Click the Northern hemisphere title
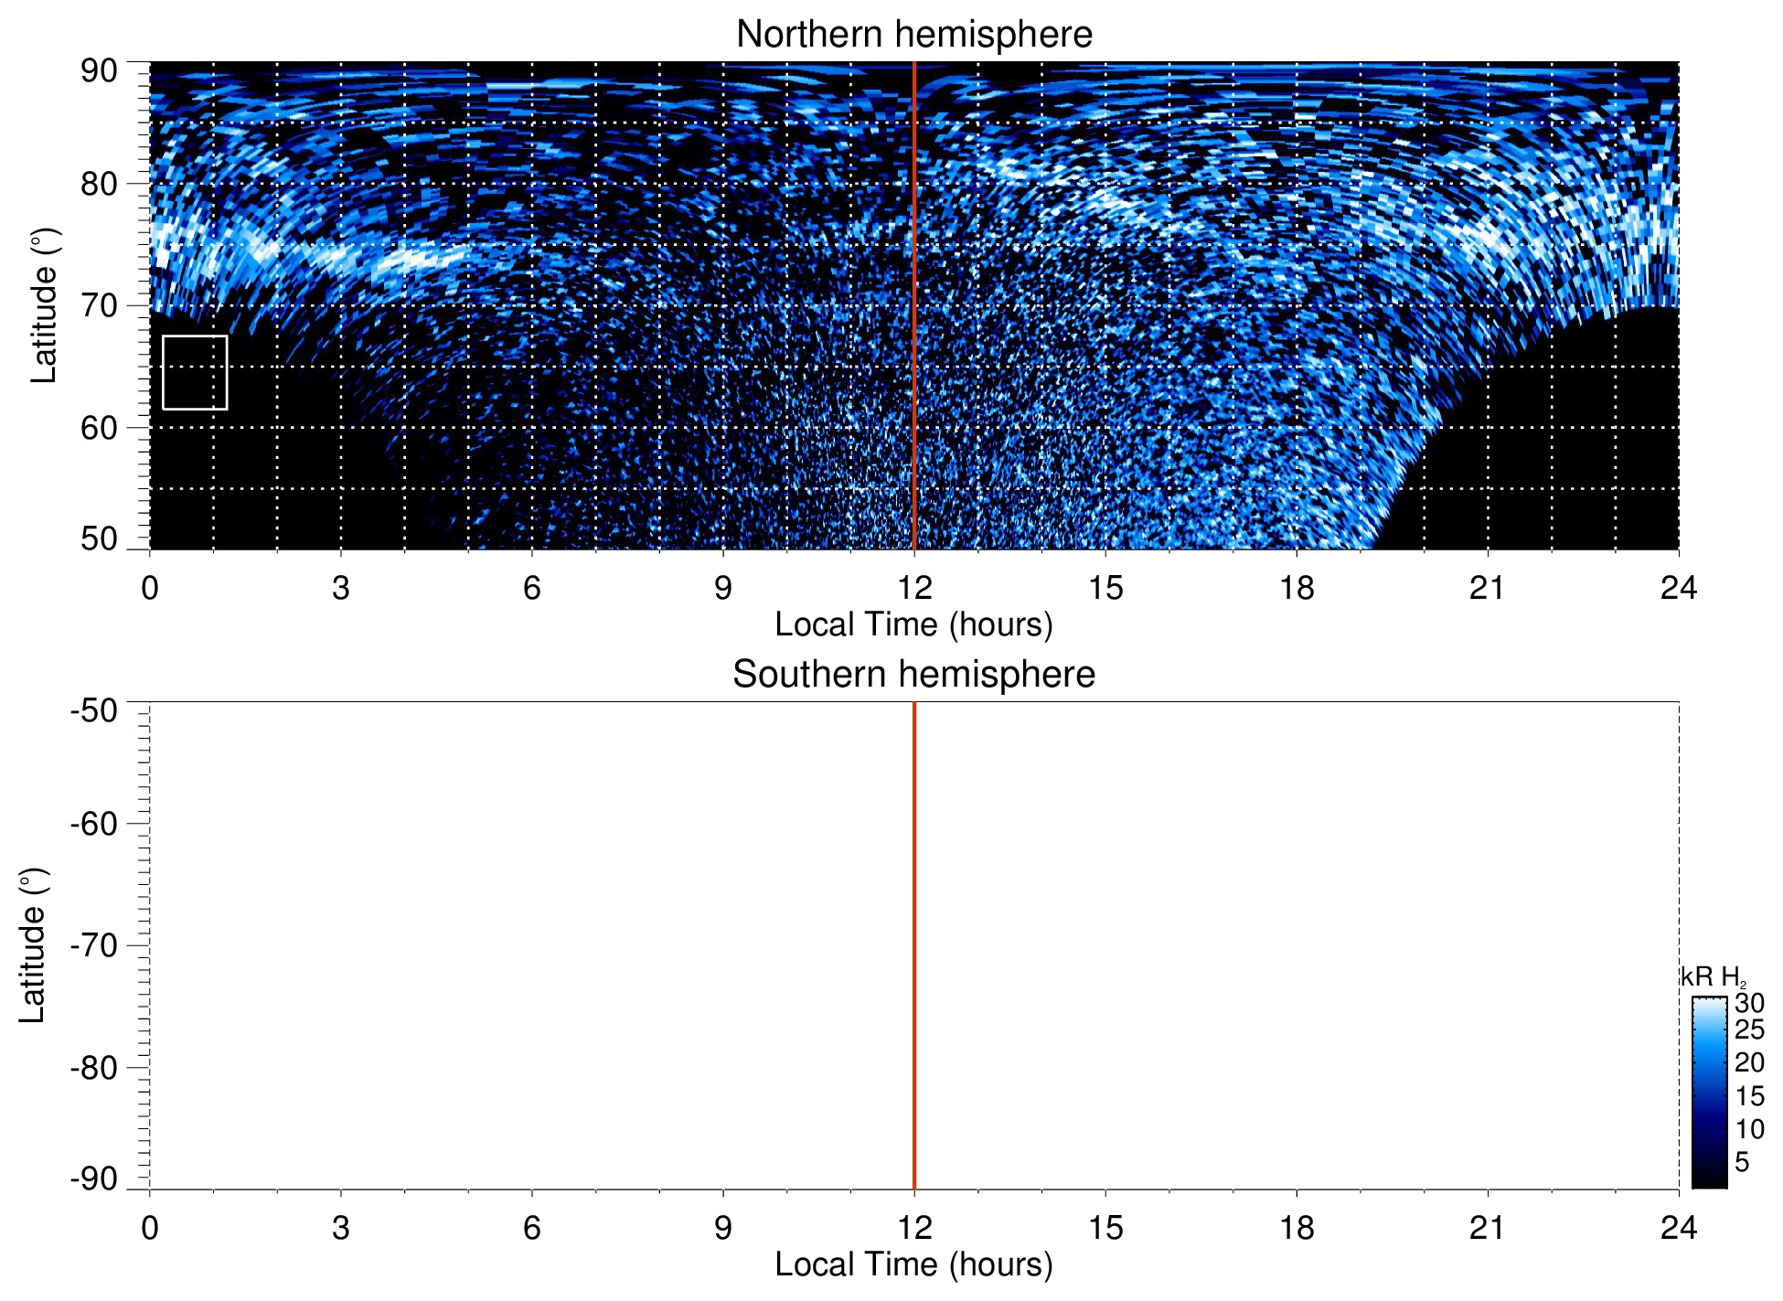point(913,35)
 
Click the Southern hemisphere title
point(913,675)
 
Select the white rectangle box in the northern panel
point(195,372)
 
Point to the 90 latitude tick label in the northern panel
point(99,71)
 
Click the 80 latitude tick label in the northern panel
point(99,184)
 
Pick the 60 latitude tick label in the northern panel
point(99,428)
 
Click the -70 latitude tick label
point(94,945)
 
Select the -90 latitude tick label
point(94,1178)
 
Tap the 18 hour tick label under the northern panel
point(1297,587)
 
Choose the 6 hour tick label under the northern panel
point(532,587)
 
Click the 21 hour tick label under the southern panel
point(1488,1227)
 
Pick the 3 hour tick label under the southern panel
point(341,1227)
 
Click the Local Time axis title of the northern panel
point(913,624)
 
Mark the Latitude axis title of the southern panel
point(33,945)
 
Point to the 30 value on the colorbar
point(1749,1003)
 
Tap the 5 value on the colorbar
point(1742,1162)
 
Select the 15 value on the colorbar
point(1749,1096)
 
